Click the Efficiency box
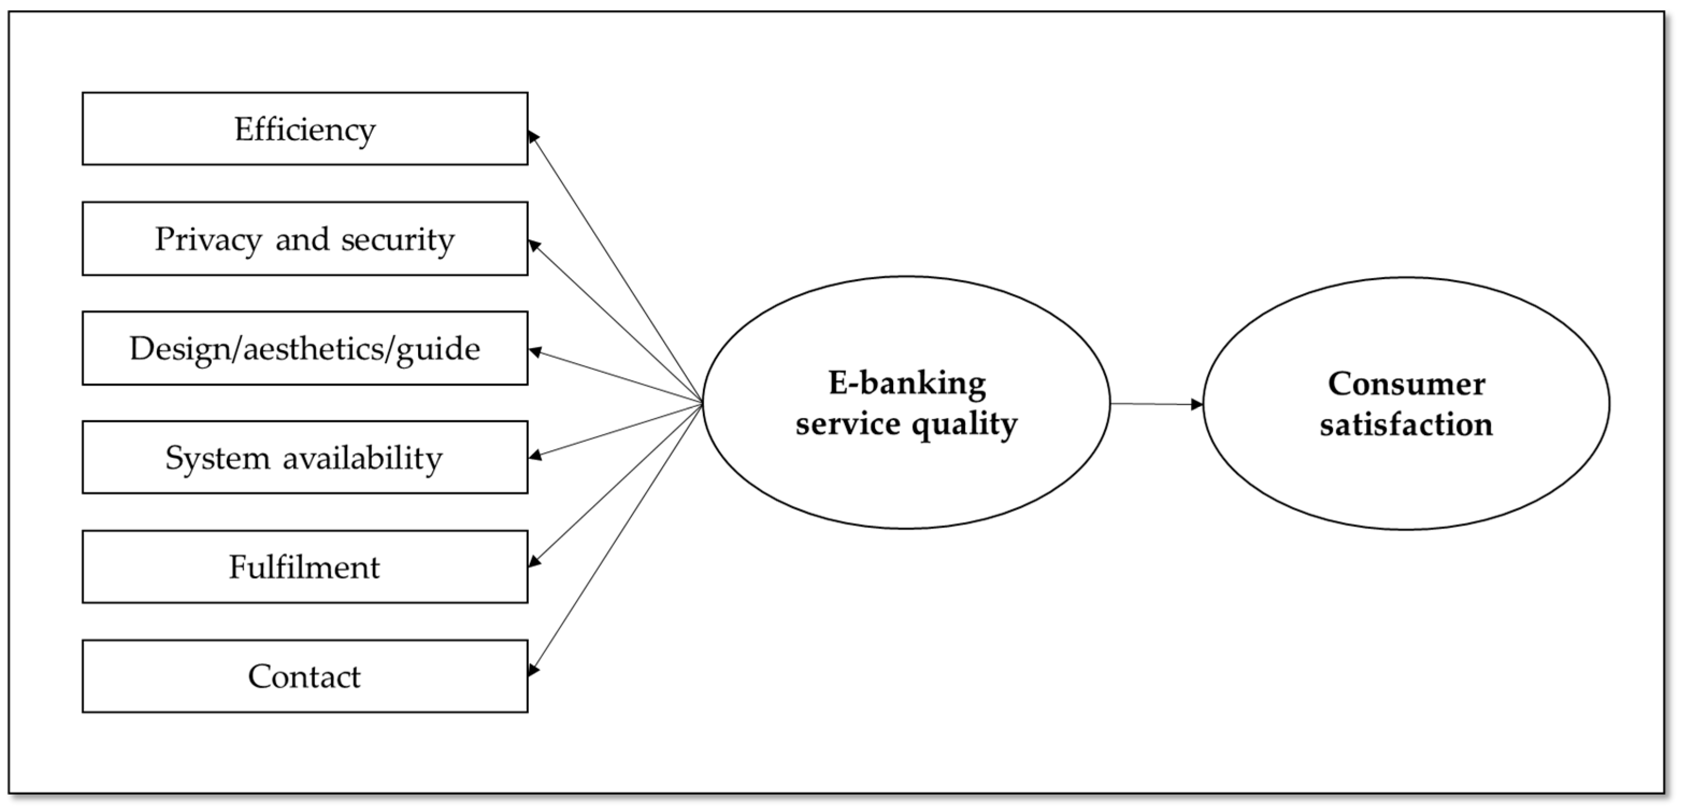click(x=305, y=129)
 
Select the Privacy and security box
click(x=305, y=238)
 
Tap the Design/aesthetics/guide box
click(x=305, y=348)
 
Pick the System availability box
click(x=305, y=457)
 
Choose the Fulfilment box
click(x=305, y=567)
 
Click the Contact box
click(x=305, y=676)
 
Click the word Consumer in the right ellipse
click(x=1406, y=383)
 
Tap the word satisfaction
click(x=1406, y=424)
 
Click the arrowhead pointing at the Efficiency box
click(x=533, y=136)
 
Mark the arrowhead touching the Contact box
click(x=533, y=669)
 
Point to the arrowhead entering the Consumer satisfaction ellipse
click(x=1196, y=405)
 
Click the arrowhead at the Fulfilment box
click(x=534, y=561)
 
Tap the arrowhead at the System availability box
click(x=534, y=455)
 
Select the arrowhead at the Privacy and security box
click(x=534, y=245)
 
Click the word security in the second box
click(x=398, y=239)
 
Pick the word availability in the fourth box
click(x=362, y=458)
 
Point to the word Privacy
click(x=208, y=239)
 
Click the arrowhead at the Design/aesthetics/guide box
click(x=534, y=352)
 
